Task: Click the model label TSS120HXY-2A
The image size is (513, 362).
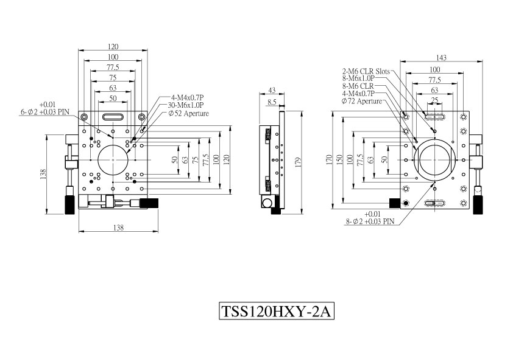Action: tap(276, 311)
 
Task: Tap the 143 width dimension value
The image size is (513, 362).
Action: tap(441, 58)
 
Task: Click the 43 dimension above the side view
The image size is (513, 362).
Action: tap(272, 90)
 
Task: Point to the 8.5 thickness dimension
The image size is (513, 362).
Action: tap(272, 102)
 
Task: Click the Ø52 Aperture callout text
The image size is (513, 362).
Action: tap(188, 113)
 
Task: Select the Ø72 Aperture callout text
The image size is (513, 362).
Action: tap(361, 101)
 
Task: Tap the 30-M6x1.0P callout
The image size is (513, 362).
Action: tap(186, 105)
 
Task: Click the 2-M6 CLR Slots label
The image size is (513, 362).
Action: tap(366, 71)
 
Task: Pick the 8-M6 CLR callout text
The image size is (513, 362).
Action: tap(358, 86)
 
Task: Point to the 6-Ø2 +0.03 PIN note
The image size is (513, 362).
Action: tap(45, 112)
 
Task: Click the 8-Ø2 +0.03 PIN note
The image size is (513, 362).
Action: tap(370, 221)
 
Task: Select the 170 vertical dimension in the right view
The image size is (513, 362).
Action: tap(329, 159)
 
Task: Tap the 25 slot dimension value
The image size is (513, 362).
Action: tap(434, 100)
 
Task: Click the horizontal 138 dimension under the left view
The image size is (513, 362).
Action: tap(118, 228)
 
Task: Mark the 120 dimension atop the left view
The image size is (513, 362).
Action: tap(113, 47)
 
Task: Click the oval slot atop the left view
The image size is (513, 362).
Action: tap(113, 117)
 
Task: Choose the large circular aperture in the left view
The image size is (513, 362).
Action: tap(113, 160)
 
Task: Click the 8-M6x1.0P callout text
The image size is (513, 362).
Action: tap(358, 78)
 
